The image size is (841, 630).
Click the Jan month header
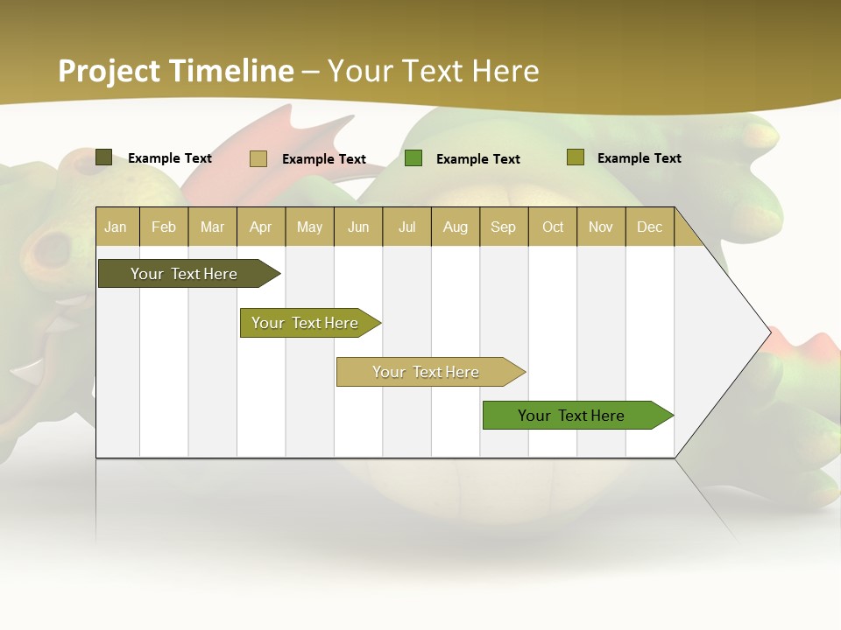[x=116, y=227]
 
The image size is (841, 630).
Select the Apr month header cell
[x=261, y=227]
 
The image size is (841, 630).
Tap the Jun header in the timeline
[x=358, y=227]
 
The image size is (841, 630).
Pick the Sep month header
[x=503, y=227]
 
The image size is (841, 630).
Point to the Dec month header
[x=649, y=227]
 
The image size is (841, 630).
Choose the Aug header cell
[x=455, y=227]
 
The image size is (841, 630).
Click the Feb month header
[x=164, y=227]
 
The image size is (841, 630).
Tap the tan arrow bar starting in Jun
[x=427, y=372]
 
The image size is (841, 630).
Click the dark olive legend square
[x=103, y=157]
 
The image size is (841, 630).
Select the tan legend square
[x=258, y=158]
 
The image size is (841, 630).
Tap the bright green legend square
[x=413, y=158]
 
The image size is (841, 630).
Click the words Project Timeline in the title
[x=176, y=71]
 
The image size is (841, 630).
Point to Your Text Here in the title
[x=433, y=71]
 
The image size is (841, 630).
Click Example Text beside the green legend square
[x=477, y=158]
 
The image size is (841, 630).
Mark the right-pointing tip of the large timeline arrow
[x=768, y=332]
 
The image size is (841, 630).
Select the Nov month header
[x=600, y=227]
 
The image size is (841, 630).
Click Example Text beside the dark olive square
[x=169, y=157]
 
